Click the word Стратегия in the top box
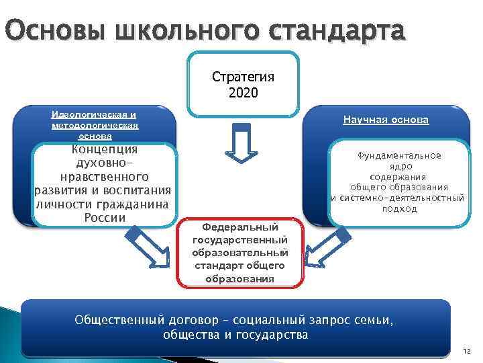point(242,77)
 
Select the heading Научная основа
point(386,120)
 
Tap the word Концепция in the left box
point(105,149)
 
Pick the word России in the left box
point(105,218)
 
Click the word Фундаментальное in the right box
point(399,156)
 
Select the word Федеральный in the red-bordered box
point(240,229)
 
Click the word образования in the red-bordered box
point(239,278)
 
